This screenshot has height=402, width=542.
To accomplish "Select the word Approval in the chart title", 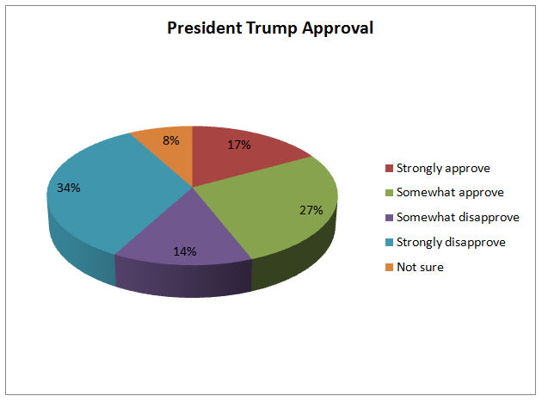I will tap(338, 28).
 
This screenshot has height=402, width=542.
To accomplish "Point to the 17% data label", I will tap(239, 145).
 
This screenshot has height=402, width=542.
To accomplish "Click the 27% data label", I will tap(311, 209).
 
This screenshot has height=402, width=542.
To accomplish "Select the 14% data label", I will tap(185, 251).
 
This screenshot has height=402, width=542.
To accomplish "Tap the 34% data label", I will tap(69, 188).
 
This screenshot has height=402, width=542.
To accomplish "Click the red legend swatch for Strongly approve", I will tap(387, 168).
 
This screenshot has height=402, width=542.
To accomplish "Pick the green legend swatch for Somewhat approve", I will tap(387, 193).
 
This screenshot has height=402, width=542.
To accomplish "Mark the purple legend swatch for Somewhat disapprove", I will tap(387, 218).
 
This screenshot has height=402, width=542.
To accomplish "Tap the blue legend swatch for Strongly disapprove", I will tap(387, 243).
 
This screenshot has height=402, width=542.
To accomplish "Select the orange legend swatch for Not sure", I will tap(387, 268).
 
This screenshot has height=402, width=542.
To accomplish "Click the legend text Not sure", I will tap(419, 268).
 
